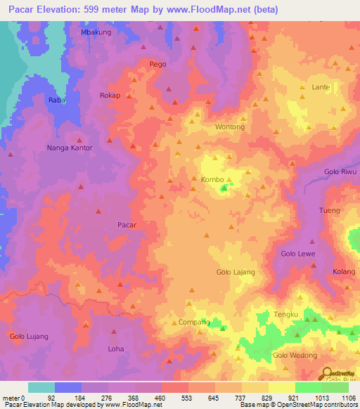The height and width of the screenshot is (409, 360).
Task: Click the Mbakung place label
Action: point(96,32)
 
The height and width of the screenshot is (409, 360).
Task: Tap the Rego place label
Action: point(157,64)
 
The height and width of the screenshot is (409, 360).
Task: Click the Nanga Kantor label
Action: point(70,148)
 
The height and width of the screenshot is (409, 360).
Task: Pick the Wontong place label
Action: point(230,127)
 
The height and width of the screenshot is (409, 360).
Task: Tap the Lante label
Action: point(321,87)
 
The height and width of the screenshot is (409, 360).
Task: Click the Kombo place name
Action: point(212,179)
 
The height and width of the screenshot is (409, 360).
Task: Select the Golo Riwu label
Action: point(341,171)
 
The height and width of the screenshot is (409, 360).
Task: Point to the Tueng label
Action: point(330,211)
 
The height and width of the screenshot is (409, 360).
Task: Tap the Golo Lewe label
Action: point(298,253)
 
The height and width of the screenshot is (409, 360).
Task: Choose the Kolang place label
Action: point(345,271)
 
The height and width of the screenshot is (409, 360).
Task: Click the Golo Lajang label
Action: point(236,271)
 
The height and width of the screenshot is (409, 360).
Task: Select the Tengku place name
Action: point(287,313)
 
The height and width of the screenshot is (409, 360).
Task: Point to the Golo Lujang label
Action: point(29,336)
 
